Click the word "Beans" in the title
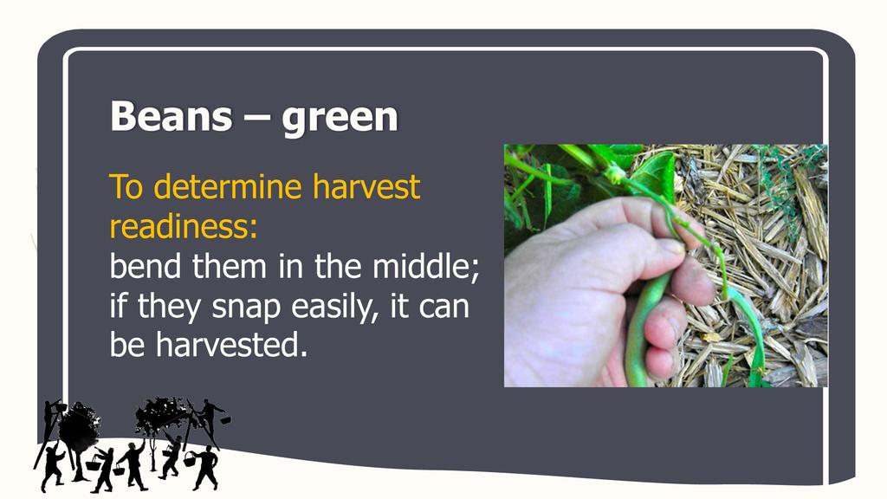tap(172, 116)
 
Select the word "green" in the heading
tap(340, 120)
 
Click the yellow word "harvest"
tap(366, 187)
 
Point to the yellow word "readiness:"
tap(184, 226)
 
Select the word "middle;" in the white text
tap(426, 266)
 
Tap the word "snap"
tap(247, 308)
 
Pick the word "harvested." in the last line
tap(232, 345)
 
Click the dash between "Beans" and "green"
tap(256, 119)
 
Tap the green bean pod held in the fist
tap(644, 331)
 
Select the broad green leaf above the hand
tap(653, 172)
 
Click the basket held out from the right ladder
tap(225, 420)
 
